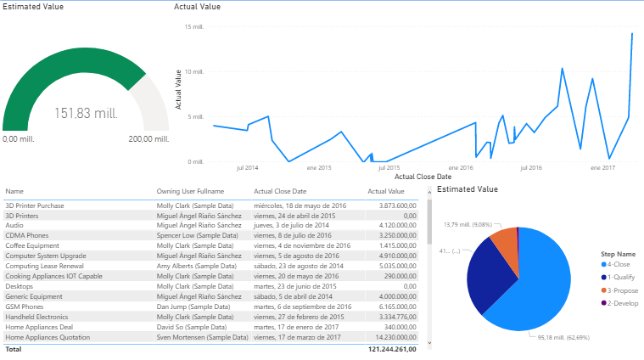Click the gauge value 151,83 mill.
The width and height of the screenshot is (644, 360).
pyautogui.click(x=86, y=113)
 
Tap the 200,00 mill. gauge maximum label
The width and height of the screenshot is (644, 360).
pyautogui.click(x=148, y=139)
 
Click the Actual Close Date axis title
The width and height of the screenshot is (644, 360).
pyautogui.click(x=423, y=177)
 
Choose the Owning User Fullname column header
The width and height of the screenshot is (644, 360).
pyautogui.click(x=191, y=192)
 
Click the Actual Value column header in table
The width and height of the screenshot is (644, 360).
pyautogui.click(x=387, y=192)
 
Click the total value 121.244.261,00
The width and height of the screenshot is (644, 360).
pyautogui.click(x=392, y=349)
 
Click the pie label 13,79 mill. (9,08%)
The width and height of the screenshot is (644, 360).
pyautogui.click(x=468, y=225)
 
